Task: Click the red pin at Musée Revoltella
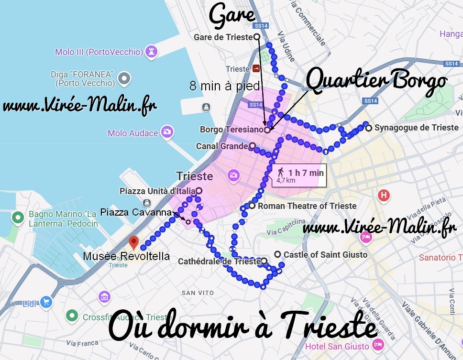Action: [x=134, y=242]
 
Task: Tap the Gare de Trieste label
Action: [x=223, y=37]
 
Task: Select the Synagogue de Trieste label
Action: [x=410, y=128]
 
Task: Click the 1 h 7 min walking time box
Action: [x=298, y=175]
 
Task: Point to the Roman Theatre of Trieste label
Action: [x=307, y=206]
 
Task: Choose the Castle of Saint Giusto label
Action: [x=325, y=254]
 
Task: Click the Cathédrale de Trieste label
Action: [x=219, y=262]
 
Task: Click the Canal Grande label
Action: [x=222, y=146]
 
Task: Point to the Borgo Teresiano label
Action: [x=231, y=129]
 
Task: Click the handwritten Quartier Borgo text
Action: [x=376, y=81]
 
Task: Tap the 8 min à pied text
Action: [x=224, y=86]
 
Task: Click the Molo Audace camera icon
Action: [x=167, y=132]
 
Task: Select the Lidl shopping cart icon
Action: [x=46, y=302]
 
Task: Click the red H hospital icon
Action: [x=384, y=195]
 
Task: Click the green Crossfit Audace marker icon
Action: [x=72, y=316]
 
